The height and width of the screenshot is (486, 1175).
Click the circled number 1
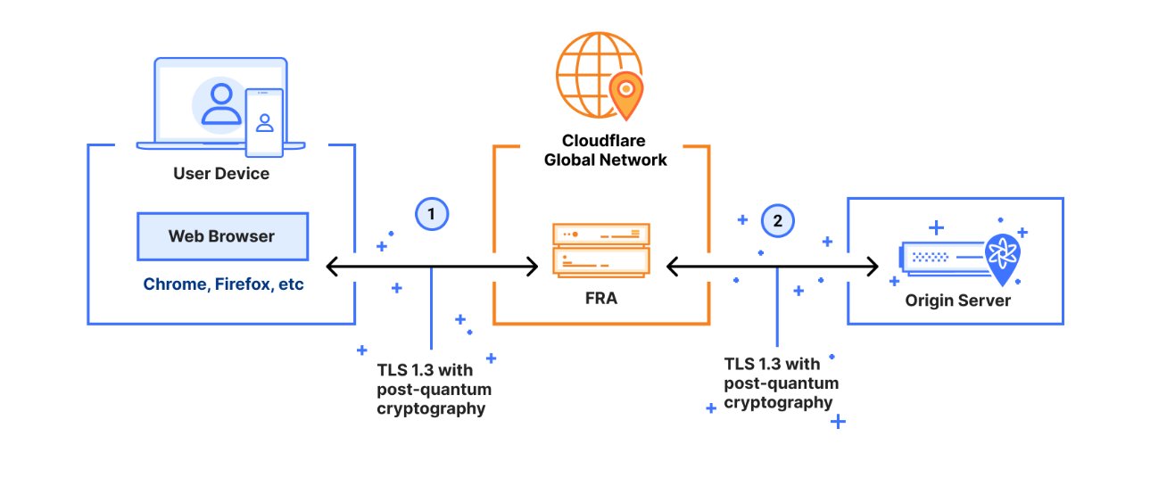click(x=432, y=215)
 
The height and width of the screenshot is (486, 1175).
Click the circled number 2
click(x=777, y=220)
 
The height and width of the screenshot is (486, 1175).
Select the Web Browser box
click(x=221, y=236)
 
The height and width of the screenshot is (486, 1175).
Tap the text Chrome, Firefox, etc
click(x=224, y=284)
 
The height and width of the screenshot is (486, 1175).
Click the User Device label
click(x=221, y=173)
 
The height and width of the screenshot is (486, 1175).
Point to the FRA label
click(x=600, y=299)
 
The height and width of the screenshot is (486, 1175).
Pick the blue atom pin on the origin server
click(x=1005, y=255)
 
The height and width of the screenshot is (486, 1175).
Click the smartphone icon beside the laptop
click(x=264, y=121)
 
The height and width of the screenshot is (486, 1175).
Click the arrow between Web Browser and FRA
click(x=432, y=266)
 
